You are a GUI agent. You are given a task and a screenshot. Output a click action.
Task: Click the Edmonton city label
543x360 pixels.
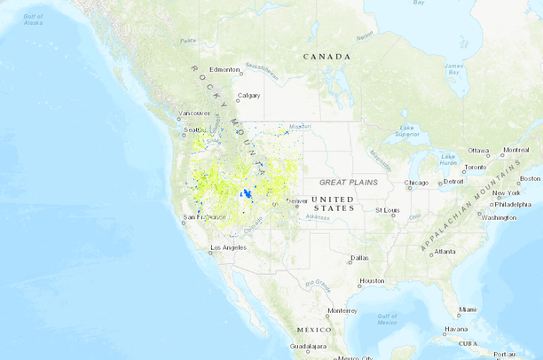(224, 69)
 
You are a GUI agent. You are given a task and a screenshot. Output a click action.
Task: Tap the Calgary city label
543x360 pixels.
(248, 97)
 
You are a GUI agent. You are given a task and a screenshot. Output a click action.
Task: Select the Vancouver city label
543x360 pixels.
(193, 113)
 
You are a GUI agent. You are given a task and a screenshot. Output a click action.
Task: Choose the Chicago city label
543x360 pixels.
(415, 184)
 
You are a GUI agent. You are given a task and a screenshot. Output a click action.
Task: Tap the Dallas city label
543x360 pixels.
(359, 259)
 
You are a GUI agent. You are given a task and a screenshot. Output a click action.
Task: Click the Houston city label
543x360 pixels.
(372, 281)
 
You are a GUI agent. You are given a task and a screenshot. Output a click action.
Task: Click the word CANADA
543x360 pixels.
(327, 57)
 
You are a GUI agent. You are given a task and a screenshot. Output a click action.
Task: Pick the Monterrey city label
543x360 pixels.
(342, 310)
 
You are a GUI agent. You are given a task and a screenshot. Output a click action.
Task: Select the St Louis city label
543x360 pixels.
(386, 211)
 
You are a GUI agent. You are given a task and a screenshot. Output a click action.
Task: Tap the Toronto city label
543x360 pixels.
(475, 167)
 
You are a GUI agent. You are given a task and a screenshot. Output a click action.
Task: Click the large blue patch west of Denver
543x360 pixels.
(248, 194)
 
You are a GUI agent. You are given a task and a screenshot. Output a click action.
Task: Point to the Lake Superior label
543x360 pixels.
(406, 131)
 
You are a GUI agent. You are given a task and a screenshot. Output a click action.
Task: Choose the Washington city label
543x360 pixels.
(499, 217)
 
